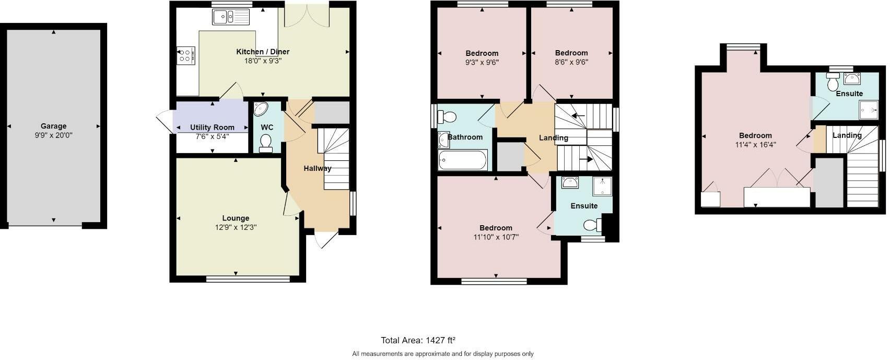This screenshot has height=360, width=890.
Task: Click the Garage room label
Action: (x=53, y=126)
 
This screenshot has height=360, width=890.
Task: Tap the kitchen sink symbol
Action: (x=231, y=17)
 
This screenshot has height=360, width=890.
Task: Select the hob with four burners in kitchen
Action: (x=185, y=55)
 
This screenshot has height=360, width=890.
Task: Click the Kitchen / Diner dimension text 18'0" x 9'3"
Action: (x=263, y=61)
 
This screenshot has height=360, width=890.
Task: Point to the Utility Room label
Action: (x=212, y=127)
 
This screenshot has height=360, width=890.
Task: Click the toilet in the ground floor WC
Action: (x=266, y=143)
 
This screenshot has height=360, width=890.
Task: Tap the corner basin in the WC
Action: (x=260, y=109)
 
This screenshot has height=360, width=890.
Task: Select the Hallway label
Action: (x=317, y=168)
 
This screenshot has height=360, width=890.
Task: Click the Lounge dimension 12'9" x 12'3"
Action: (x=236, y=227)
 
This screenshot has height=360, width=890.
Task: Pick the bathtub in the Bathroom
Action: (x=463, y=160)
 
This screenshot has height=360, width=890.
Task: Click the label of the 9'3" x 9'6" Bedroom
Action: (x=482, y=53)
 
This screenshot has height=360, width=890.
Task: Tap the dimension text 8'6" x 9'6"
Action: (x=571, y=62)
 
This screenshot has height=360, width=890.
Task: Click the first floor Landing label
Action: (x=553, y=138)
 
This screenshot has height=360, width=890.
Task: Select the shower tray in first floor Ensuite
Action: (x=602, y=187)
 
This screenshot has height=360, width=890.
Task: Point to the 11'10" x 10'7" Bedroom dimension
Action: (x=496, y=237)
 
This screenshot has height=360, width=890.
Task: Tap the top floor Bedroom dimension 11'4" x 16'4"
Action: (x=755, y=145)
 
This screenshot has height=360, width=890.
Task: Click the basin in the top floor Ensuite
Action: (x=852, y=79)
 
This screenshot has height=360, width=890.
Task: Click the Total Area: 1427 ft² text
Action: (x=418, y=341)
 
